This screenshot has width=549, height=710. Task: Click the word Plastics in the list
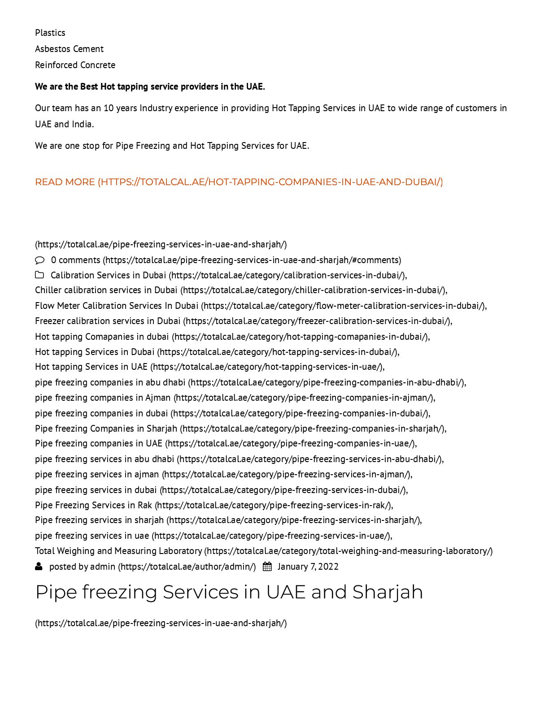click(x=50, y=33)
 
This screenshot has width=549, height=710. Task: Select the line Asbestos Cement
click(x=69, y=49)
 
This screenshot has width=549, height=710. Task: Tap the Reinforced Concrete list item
click(x=75, y=65)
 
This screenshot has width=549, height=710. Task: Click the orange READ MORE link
click(x=239, y=182)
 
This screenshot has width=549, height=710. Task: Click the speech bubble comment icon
click(x=40, y=260)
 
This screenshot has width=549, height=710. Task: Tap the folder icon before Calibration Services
click(x=39, y=275)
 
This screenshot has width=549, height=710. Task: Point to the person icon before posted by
click(x=39, y=567)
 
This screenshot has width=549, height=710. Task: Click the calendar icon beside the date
click(x=267, y=567)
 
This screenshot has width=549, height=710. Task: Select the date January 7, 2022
click(x=308, y=567)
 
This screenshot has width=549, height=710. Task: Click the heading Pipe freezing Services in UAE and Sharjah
click(x=229, y=592)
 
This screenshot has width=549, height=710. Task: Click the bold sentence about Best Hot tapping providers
click(x=150, y=87)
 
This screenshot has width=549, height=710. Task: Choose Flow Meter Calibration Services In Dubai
click(x=117, y=306)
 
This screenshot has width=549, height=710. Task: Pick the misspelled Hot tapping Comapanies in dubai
click(x=102, y=337)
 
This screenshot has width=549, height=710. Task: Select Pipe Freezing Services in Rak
click(x=93, y=505)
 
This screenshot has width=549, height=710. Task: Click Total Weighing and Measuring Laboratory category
click(x=118, y=551)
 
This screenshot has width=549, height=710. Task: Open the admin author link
click(x=103, y=567)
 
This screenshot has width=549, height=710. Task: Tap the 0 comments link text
click(x=75, y=260)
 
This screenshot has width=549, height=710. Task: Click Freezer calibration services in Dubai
click(x=108, y=321)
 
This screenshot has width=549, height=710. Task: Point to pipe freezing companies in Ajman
click(x=103, y=398)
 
